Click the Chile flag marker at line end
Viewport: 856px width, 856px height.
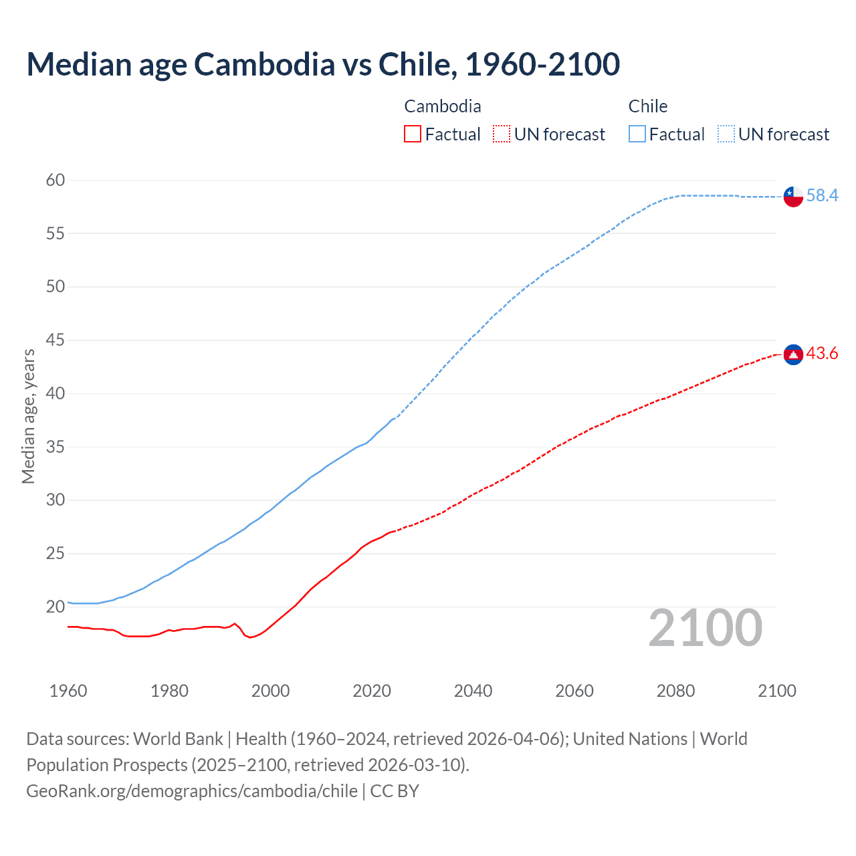793,197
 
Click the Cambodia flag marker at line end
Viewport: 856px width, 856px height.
793,354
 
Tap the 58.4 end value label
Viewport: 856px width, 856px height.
822,195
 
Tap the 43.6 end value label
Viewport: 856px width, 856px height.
822,353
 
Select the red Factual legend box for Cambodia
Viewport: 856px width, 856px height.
413,134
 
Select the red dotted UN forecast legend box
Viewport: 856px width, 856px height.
502,134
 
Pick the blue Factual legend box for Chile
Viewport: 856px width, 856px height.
637,134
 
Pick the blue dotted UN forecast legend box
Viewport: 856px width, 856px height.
726,134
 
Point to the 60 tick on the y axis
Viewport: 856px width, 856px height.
56,180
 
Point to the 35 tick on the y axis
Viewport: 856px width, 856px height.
56,447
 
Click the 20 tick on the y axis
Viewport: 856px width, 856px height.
56,607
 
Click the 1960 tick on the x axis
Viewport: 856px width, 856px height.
68,691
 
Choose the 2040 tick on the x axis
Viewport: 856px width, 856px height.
473,691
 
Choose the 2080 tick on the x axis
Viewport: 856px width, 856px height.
675,691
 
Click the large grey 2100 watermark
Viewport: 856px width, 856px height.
705,628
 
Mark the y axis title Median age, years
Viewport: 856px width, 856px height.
28,416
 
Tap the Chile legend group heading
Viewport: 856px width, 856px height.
647,106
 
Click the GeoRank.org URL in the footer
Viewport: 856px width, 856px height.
192,791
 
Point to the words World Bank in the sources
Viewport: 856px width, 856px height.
178,739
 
